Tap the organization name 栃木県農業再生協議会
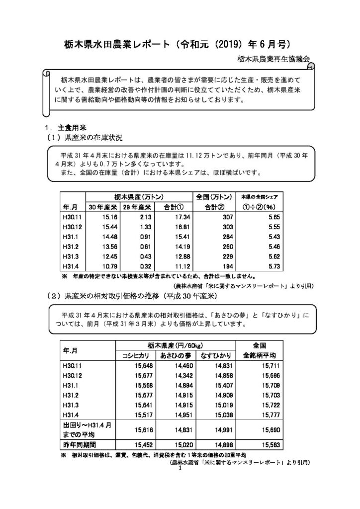273,59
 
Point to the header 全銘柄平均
263,355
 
